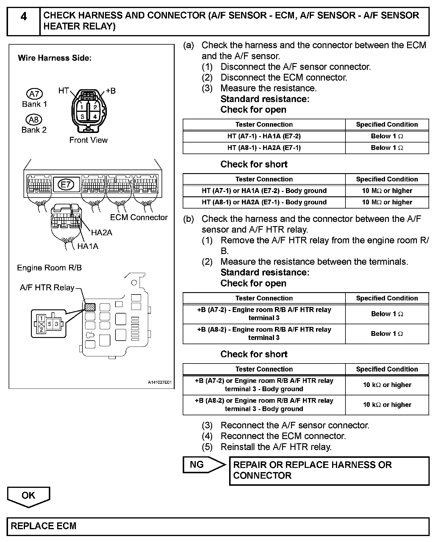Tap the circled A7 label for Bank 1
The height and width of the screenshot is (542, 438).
click(35, 94)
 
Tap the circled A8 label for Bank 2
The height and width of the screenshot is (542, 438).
click(34, 120)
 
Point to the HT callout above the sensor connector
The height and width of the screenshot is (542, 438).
click(64, 90)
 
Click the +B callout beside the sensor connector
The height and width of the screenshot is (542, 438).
click(110, 91)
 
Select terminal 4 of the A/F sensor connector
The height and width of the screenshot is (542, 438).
click(95, 117)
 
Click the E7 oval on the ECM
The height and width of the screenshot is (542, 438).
click(65, 185)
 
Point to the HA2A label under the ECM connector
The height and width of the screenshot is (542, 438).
click(101, 232)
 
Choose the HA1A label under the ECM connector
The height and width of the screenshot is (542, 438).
click(88, 246)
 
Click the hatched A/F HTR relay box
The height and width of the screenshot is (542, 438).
click(90, 307)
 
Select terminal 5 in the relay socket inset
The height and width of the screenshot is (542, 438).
click(50, 324)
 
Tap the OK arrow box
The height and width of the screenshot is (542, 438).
click(29, 496)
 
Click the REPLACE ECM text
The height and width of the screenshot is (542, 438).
click(43, 526)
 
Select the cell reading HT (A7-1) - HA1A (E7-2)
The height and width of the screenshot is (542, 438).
click(264, 136)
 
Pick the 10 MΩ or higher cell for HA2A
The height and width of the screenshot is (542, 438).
click(387, 202)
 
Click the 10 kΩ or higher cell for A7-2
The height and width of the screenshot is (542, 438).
click(387, 385)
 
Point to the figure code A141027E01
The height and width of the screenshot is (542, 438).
click(160, 382)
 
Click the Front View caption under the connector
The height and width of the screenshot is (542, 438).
click(88, 140)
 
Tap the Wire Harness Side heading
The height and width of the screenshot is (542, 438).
click(55, 58)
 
